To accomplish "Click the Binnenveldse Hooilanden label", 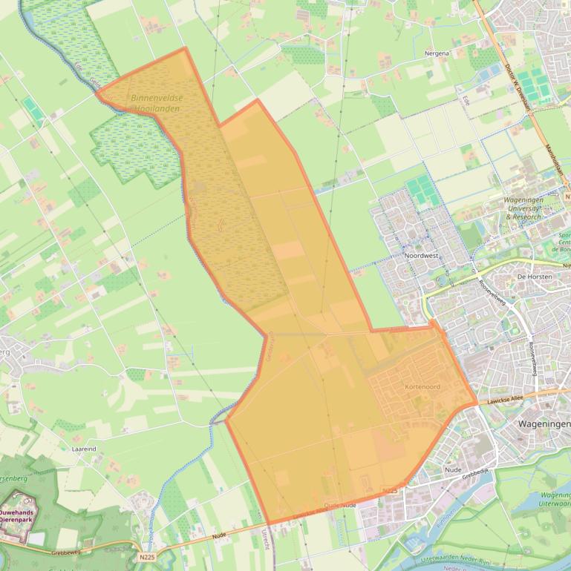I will (155, 103).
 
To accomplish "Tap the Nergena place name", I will (437, 54).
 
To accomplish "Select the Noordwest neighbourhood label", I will (422, 255).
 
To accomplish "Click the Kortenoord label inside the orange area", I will (422, 387).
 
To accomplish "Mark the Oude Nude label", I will (341, 505).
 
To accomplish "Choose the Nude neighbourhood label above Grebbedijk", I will (453, 469).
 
